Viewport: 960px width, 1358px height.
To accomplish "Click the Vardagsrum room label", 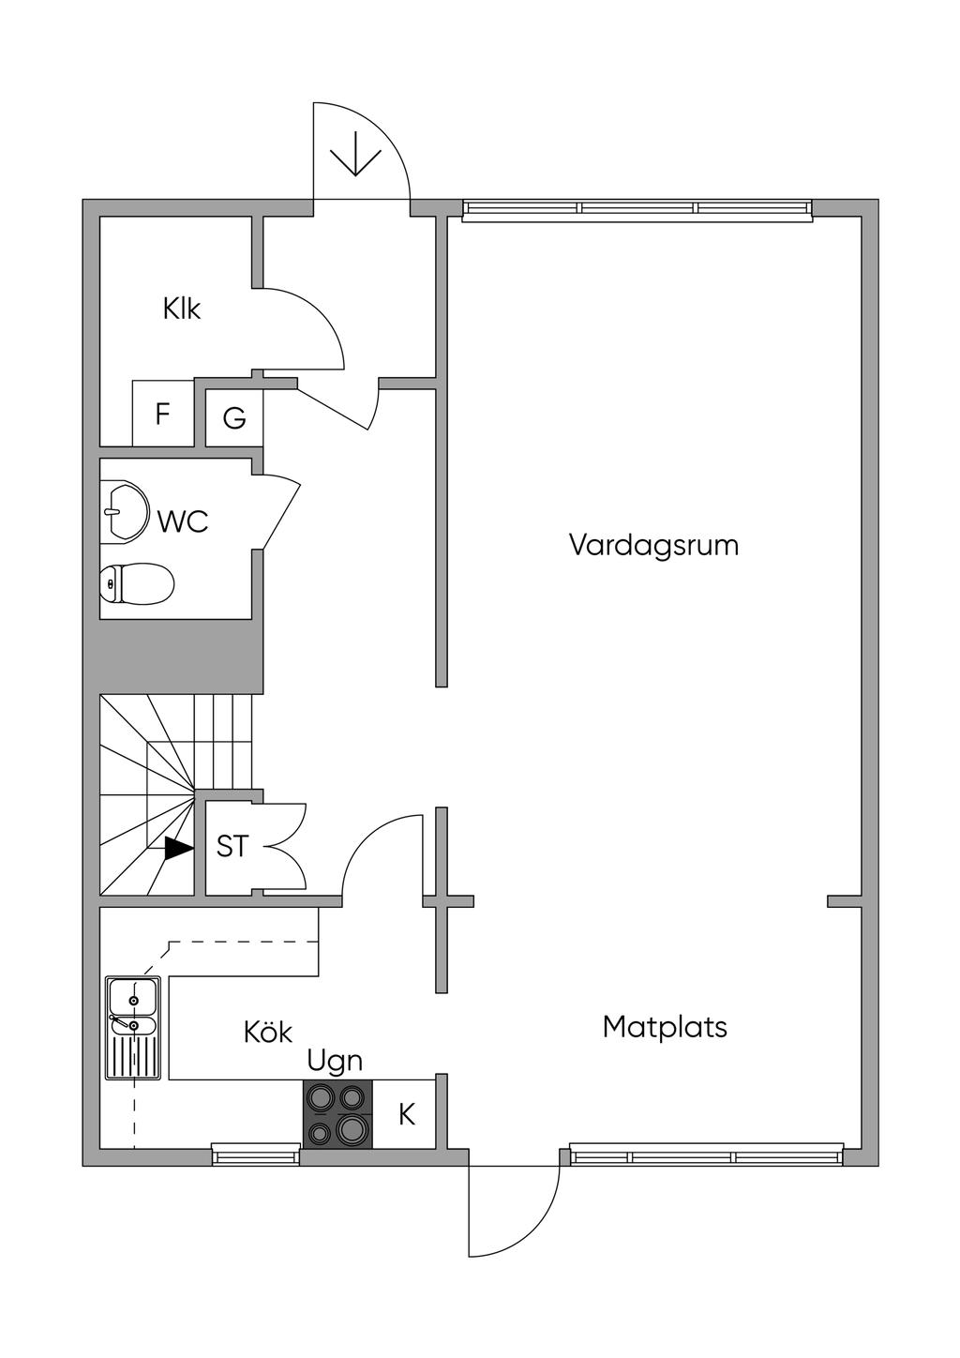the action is coord(654,545).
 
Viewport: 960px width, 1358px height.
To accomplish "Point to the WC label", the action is coord(183,521).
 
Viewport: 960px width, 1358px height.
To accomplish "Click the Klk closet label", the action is coord(181,309).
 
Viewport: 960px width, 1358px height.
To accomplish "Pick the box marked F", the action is coord(162,414).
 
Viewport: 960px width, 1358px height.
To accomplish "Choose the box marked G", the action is coord(234,417).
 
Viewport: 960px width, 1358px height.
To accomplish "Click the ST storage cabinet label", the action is coord(232,847).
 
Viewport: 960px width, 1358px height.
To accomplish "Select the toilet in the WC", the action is coord(138,584).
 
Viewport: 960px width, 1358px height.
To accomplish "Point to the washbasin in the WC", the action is coord(125,510).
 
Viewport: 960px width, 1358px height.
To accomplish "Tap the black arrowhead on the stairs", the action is coord(179,848).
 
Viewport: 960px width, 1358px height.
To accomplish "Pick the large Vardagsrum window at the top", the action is coord(637,208).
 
